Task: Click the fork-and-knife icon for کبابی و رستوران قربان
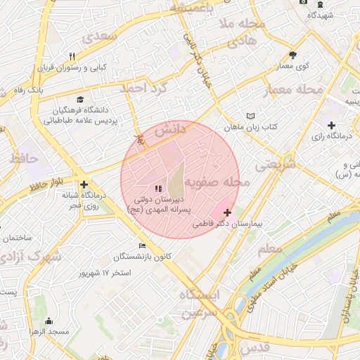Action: (x=72, y=57)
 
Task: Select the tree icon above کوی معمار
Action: (x=292, y=55)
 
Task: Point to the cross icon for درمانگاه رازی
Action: (x=331, y=124)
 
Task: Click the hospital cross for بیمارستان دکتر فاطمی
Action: (x=226, y=212)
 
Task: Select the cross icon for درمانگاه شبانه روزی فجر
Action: (x=84, y=184)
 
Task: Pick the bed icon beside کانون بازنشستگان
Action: (x=142, y=245)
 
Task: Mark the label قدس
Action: (x=255, y=348)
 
